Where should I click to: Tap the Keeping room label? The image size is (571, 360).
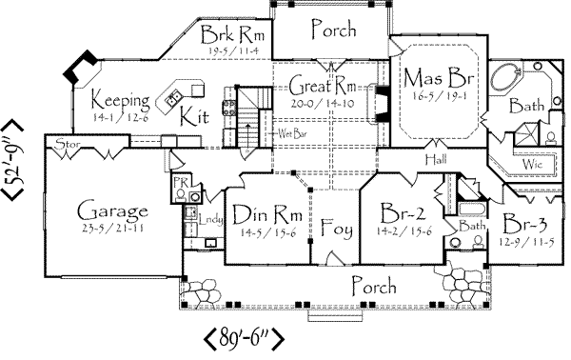click(121, 98)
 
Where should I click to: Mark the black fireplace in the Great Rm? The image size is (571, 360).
click(380, 100)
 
